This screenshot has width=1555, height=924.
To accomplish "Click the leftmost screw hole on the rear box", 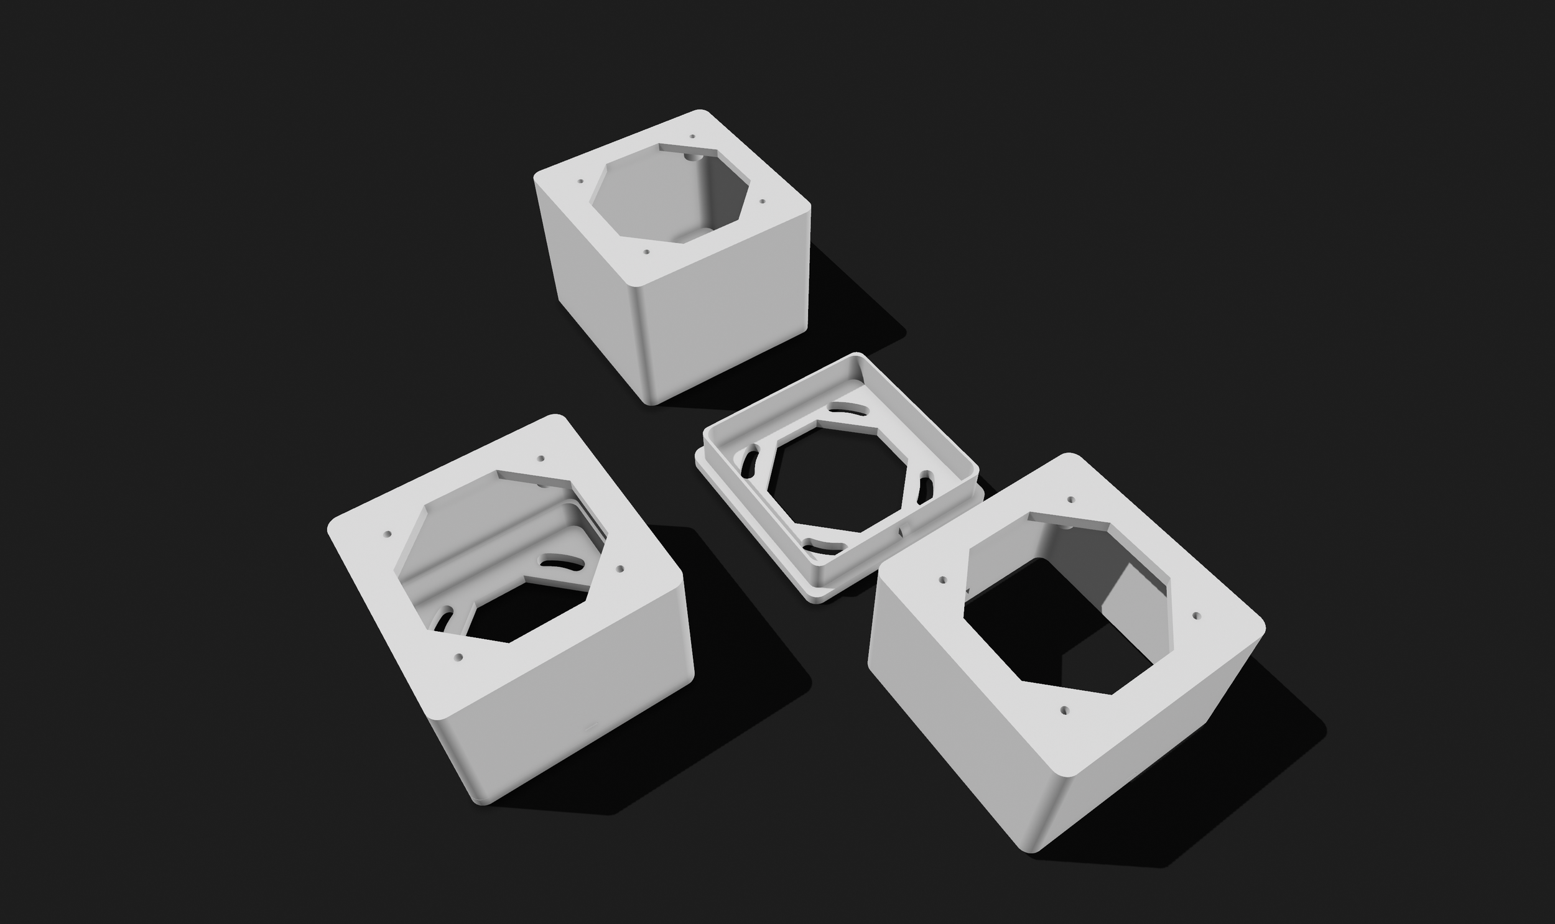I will (580, 182).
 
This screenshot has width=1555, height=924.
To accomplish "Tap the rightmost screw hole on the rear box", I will (763, 201).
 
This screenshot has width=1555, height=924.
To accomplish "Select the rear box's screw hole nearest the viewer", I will (646, 252).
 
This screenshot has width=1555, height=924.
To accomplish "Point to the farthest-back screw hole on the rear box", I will (692, 136).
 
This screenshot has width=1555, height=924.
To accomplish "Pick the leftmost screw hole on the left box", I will (388, 534).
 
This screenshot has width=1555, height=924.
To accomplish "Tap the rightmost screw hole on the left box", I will (620, 568).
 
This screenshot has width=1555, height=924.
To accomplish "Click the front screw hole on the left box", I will (459, 656).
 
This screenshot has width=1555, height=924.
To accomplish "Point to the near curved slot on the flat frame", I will (825, 546).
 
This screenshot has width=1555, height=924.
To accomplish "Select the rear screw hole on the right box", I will (1070, 499).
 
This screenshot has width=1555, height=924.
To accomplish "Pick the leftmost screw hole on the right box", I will (942, 580).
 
